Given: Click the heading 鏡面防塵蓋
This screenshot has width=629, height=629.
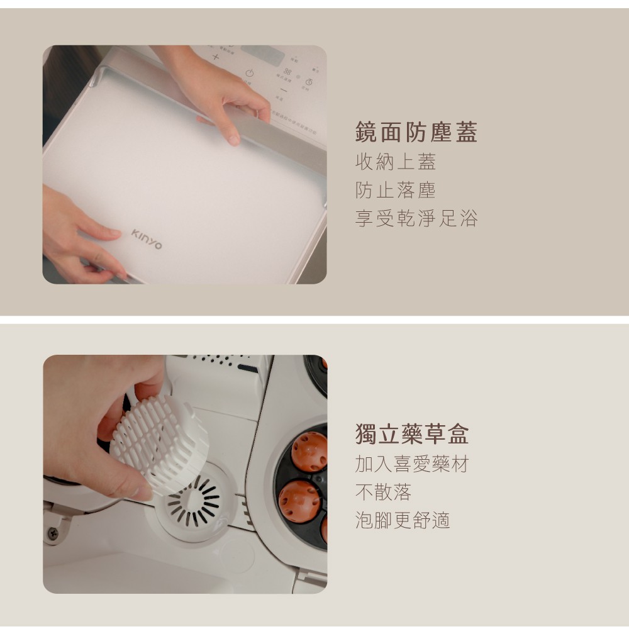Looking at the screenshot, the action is coord(416,132).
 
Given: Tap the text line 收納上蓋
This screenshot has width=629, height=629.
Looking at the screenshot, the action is coord(395,162).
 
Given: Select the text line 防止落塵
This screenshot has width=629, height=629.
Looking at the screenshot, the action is coord(395,190).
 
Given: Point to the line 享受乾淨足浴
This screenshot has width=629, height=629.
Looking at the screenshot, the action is coord(416,219).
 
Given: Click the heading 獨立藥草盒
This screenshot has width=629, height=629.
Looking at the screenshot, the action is coord(411,433).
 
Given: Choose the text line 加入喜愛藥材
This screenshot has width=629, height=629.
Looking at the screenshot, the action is coord(411,464).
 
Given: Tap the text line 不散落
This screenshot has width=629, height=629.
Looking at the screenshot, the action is coord(383,493).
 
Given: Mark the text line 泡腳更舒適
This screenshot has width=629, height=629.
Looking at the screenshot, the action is coord(403,520).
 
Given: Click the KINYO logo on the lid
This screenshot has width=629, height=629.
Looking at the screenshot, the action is coord(147,239).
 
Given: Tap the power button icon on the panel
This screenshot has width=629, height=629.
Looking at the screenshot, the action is coord(250,73).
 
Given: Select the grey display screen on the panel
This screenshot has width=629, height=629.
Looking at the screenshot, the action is coord(263,55).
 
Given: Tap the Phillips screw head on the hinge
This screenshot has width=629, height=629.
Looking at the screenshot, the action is coord(53,533).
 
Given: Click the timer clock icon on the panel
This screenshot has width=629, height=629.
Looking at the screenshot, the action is coord(309,82).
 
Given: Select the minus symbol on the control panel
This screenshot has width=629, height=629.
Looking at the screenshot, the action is coord(284,91).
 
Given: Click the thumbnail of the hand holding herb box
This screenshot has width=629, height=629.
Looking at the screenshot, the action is coord(185,474).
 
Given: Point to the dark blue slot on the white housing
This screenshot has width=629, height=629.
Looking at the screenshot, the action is coord(247,368).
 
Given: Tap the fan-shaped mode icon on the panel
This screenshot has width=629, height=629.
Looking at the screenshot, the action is coord(287,72).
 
